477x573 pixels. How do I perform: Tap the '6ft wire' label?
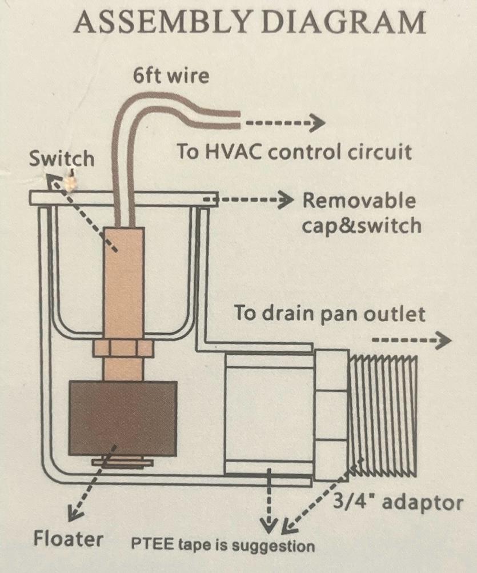pyautogui.click(x=171, y=75)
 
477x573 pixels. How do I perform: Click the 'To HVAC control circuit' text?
pyautogui.click(x=294, y=152)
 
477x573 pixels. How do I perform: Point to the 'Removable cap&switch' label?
pyautogui.click(x=360, y=213)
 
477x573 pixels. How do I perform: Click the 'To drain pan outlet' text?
pyautogui.click(x=330, y=314)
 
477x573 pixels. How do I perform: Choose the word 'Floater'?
pyautogui.click(x=69, y=538)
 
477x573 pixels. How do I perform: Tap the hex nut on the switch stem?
pyautogui.click(x=122, y=348)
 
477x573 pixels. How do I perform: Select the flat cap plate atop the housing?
pyautogui.click(x=122, y=198)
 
